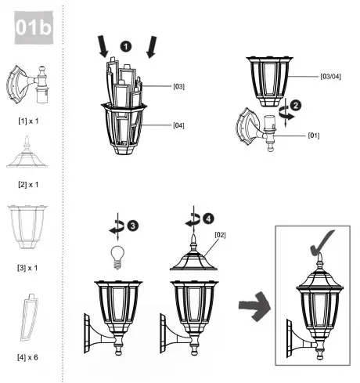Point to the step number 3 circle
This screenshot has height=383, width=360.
click(134, 226)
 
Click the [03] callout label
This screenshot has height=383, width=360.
click(178, 86)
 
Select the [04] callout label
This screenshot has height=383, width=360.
click(178, 125)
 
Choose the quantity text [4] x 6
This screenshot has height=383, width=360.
click(28, 356)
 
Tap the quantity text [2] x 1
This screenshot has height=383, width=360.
click(28, 184)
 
